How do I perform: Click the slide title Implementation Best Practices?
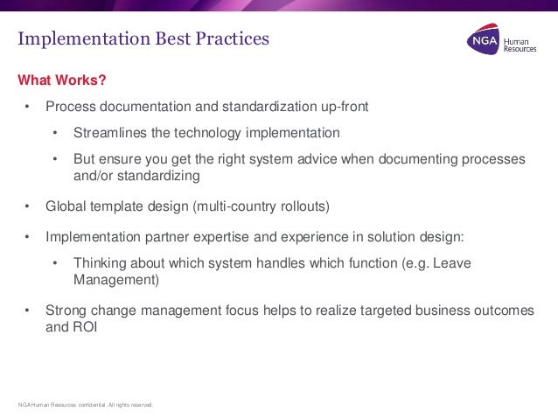[x=143, y=39]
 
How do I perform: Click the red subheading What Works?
[x=62, y=81]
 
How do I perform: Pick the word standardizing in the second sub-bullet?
[x=163, y=176]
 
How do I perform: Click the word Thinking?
[x=101, y=263]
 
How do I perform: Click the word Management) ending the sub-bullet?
[x=116, y=280]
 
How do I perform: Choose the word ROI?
[x=86, y=326]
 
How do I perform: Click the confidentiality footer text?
[x=85, y=405]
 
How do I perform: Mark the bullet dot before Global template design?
[x=27, y=207]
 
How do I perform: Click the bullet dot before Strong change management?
[x=27, y=311]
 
